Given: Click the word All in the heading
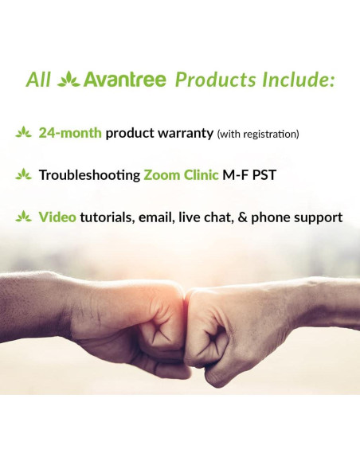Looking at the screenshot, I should [x=38, y=80].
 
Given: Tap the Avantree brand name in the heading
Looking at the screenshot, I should [x=126, y=80].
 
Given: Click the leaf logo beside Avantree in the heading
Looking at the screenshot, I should [x=69, y=80].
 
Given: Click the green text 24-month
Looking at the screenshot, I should [x=70, y=133].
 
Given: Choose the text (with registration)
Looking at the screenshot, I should [x=258, y=134].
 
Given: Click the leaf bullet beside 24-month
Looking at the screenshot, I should [x=23, y=133].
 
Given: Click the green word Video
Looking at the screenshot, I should [x=57, y=217].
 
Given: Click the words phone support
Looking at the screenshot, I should [x=300, y=217].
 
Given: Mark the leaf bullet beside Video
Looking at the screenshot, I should [x=23, y=217].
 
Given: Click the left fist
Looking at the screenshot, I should [x=143, y=326].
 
